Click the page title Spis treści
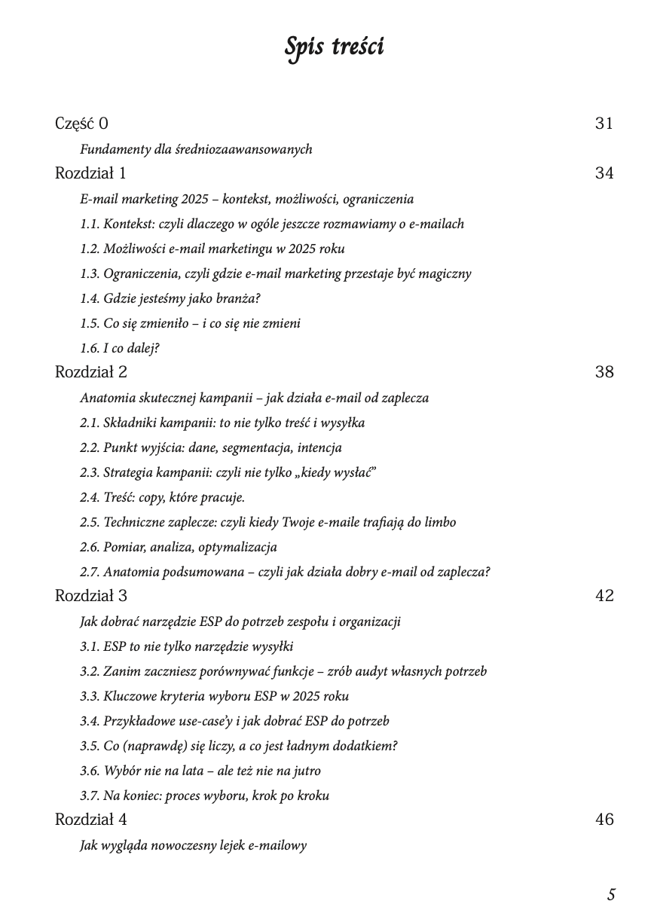tap(334, 47)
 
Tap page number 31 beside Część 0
tap(604, 124)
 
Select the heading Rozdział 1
tap(90, 173)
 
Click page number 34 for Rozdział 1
tap(604, 173)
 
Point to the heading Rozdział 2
tap(91, 372)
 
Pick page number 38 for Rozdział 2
tap(604, 372)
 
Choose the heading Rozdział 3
tap(91, 596)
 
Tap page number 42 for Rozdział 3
tap(604, 596)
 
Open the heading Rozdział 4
tap(91, 820)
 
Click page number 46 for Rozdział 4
tap(604, 820)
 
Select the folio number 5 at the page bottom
tap(611, 895)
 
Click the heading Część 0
tap(81, 124)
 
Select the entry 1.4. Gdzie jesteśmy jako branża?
tap(170, 298)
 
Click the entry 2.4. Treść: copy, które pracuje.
tap(162, 497)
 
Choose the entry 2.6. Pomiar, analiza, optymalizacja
tap(179, 547)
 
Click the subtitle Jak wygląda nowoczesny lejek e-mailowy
tap(193, 845)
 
